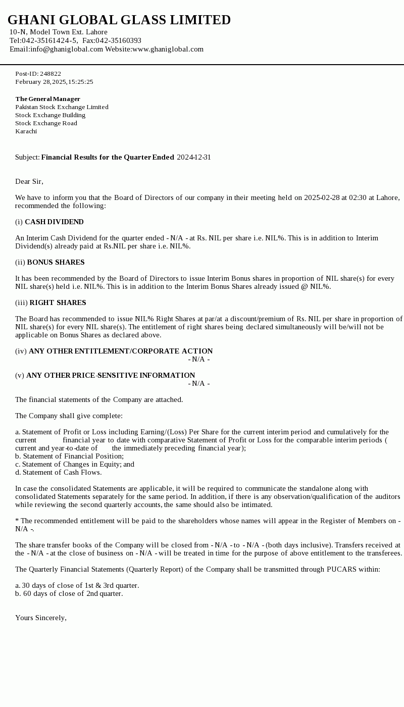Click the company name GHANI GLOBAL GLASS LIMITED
[x=119, y=20]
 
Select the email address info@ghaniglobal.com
[x=67, y=49]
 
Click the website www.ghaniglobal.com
[x=168, y=49]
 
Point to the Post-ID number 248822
[x=50, y=74]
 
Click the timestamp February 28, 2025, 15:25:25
[x=54, y=82]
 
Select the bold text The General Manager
[x=47, y=99]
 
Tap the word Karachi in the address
[x=26, y=131]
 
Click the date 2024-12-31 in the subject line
[x=194, y=157]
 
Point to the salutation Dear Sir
[x=29, y=181]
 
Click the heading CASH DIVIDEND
[x=54, y=222]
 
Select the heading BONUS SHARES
[x=56, y=262]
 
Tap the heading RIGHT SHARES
[x=58, y=302]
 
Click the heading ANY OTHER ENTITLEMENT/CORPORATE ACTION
[x=121, y=351]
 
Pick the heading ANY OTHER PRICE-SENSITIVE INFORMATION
[x=111, y=375]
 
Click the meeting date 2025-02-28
[x=322, y=197]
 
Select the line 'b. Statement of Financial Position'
[x=69, y=456]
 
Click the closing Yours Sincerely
[x=41, y=618]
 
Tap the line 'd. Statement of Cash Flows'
[x=58, y=472]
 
